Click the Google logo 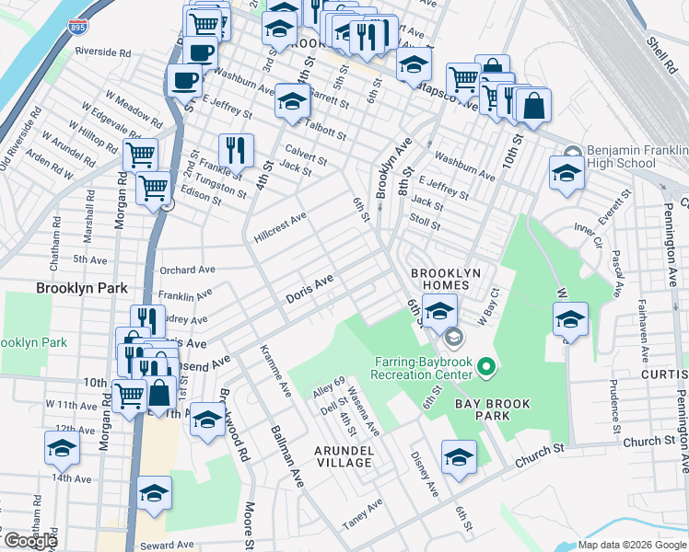[30, 541]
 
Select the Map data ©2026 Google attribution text [631, 545]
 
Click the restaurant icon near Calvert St [237, 149]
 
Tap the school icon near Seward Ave [154, 491]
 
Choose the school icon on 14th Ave [62, 447]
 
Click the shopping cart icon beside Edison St [153, 188]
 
